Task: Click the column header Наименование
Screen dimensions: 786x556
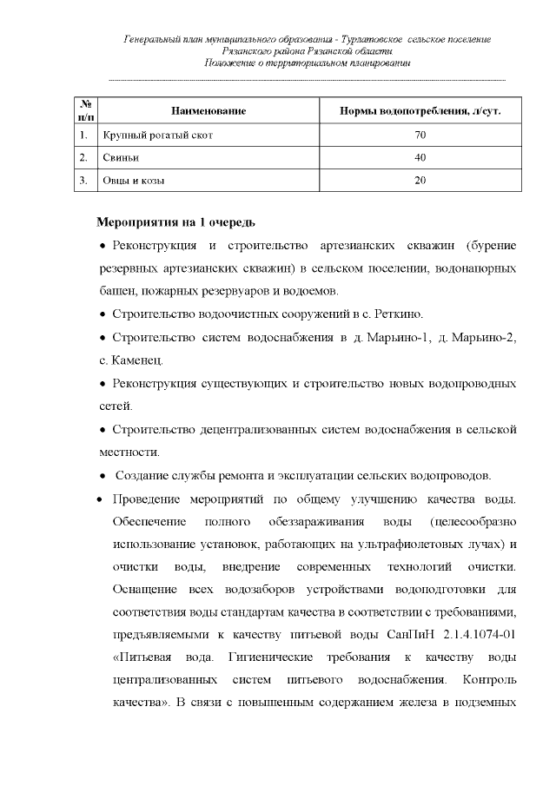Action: pyautogui.click(x=208, y=112)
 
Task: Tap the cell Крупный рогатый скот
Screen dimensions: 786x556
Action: pyautogui.click(x=157, y=135)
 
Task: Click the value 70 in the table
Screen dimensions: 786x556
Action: pyautogui.click(x=420, y=135)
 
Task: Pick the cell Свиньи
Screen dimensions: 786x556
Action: pyautogui.click(x=121, y=158)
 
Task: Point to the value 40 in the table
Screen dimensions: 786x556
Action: pyautogui.click(x=420, y=158)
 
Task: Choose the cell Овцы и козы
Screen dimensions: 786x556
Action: pyautogui.click(x=134, y=181)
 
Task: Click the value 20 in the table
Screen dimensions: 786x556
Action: pyautogui.click(x=420, y=181)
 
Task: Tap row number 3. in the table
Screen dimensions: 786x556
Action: pyautogui.click(x=83, y=181)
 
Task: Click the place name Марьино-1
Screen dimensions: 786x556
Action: pyautogui.click(x=398, y=336)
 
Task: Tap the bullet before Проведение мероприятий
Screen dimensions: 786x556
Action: pyautogui.click(x=100, y=499)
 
